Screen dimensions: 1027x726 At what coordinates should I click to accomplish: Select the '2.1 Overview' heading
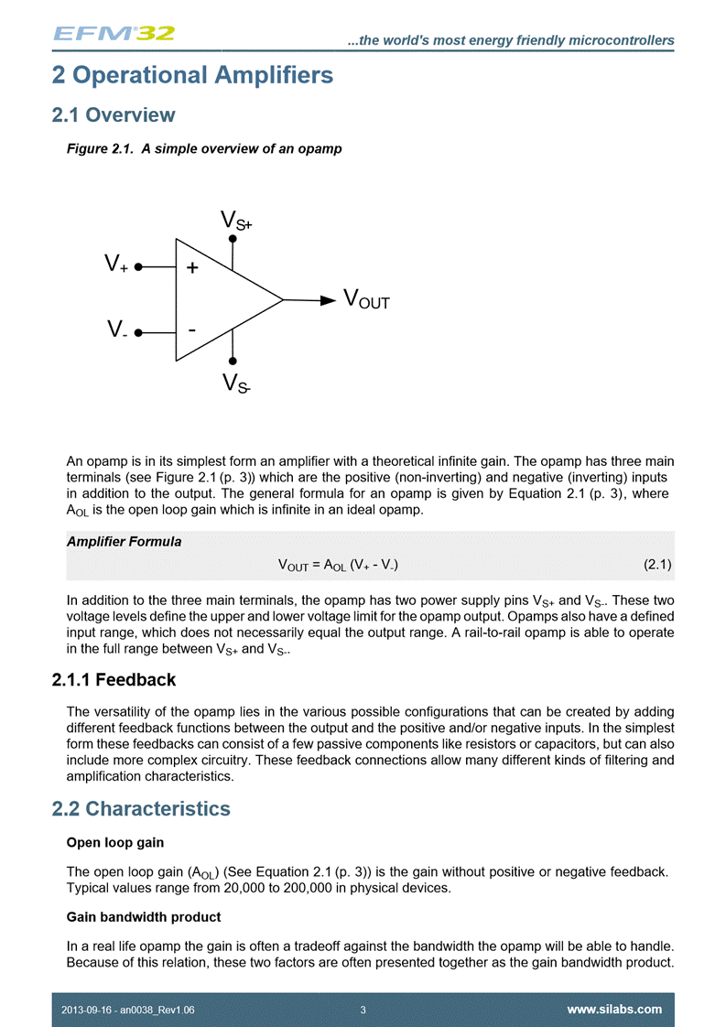click(x=114, y=115)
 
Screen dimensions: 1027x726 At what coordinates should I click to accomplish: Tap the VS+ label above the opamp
click(x=236, y=221)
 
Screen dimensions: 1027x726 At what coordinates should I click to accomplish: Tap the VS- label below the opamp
click(x=236, y=384)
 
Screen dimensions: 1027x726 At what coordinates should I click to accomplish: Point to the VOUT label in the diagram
click(x=366, y=299)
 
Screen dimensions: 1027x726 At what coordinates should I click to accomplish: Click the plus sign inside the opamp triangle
click(x=192, y=268)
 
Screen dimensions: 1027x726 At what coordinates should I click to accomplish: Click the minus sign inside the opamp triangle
click(x=191, y=328)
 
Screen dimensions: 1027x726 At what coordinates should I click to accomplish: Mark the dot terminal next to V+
click(x=138, y=267)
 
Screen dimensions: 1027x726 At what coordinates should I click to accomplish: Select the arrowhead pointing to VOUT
click(x=328, y=299)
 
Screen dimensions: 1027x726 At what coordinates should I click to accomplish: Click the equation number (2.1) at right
click(x=658, y=565)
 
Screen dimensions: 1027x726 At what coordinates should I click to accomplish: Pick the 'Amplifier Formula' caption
click(x=124, y=542)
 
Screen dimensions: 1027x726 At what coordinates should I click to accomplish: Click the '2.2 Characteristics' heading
click(x=141, y=809)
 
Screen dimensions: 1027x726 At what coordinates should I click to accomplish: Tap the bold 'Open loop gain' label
click(x=114, y=842)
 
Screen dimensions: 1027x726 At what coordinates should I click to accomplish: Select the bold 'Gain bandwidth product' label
click(x=144, y=916)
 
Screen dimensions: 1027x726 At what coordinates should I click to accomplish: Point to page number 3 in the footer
click(x=363, y=1010)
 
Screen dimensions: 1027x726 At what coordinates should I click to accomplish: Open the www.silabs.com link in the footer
click(x=614, y=1010)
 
